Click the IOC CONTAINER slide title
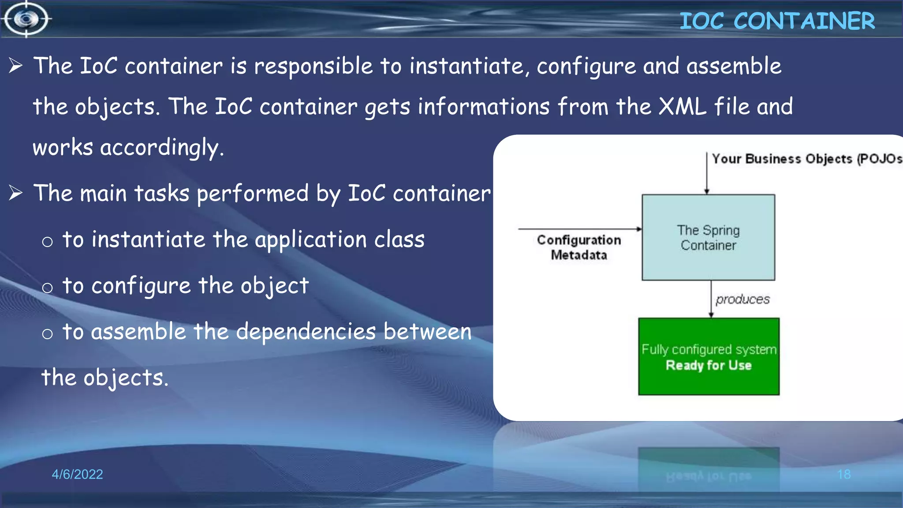pos(777,21)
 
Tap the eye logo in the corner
pos(26,19)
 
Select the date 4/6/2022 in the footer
pos(77,474)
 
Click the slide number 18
pos(843,474)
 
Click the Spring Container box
pos(708,237)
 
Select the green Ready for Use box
pos(709,356)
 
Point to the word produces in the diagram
pos(743,299)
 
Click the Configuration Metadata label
pos(579,247)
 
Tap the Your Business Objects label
pos(806,159)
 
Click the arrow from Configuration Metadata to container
pos(579,229)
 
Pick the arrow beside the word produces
pos(711,299)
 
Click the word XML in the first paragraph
pos(682,106)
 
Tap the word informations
pos(483,106)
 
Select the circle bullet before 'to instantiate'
pos(47,242)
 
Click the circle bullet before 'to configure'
pos(47,288)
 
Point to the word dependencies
pos(306,332)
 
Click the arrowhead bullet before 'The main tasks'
pos(16,193)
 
